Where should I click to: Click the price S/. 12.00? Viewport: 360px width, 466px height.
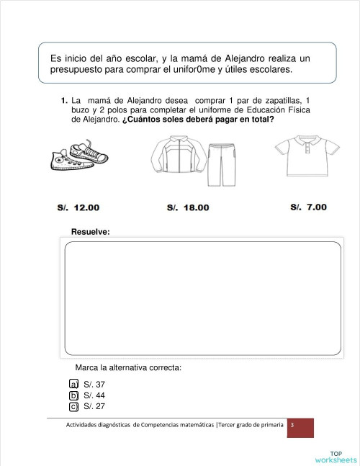point(78,207)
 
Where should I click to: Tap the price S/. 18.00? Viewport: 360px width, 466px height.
point(188,207)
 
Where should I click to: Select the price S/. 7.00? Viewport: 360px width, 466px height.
point(308,207)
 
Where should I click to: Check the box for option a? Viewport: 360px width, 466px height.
point(73,385)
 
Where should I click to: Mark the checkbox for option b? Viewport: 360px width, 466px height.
point(73,395)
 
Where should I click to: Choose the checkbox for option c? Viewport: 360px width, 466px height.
point(73,406)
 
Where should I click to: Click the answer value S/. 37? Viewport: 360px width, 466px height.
point(94,385)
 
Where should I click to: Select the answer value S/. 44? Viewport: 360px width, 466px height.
point(94,395)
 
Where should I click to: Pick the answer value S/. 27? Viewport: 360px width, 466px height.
point(94,406)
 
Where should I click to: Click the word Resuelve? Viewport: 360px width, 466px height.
point(90,231)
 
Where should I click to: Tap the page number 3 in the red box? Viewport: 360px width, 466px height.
point(292,426)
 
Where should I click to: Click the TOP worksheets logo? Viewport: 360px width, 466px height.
point(336,457)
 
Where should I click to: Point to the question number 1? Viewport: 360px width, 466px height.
point(64,99)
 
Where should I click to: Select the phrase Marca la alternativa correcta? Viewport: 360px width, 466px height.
point(128,368)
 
